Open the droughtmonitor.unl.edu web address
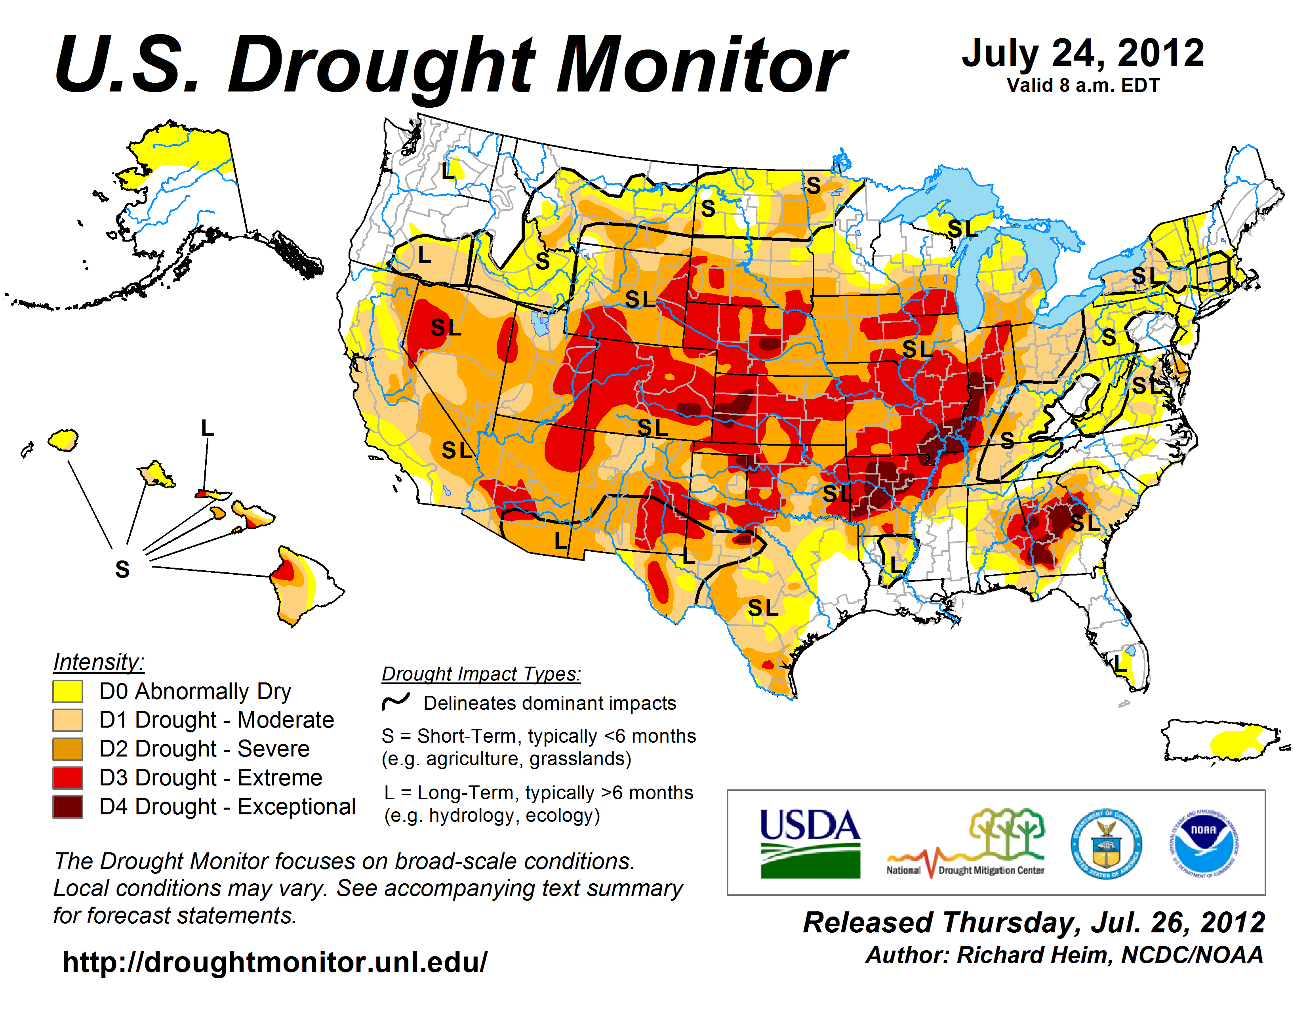[275, 962]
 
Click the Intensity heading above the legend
[99, 662]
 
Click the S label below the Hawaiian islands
[122, 569]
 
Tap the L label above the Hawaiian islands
[207, 429]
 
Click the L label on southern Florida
[1120, 663]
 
